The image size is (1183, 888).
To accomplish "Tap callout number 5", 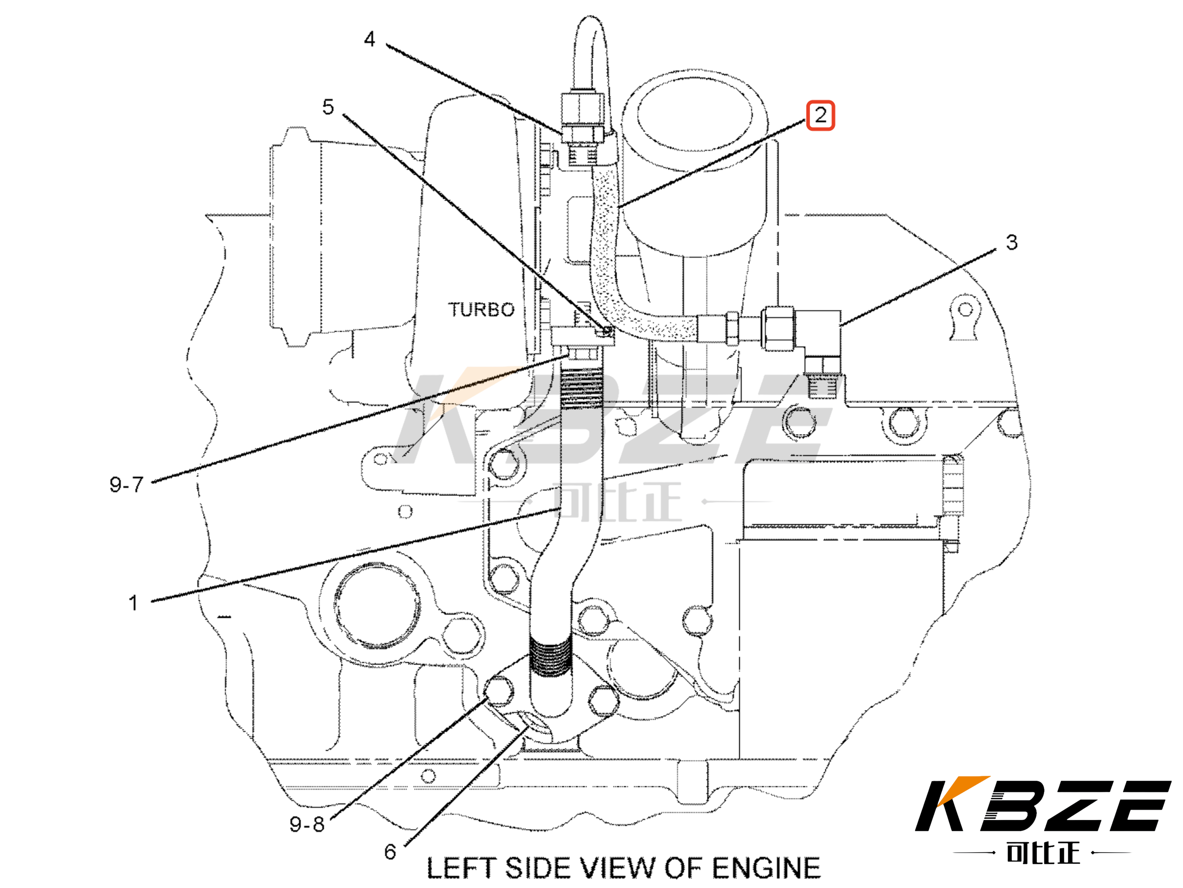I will coord(328,107).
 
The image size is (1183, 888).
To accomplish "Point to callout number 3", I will coord(1011,243).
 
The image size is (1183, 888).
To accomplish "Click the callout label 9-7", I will coord(126,485).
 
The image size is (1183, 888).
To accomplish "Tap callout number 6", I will coord(390,852).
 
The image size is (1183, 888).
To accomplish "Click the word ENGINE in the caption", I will coord(766,868).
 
